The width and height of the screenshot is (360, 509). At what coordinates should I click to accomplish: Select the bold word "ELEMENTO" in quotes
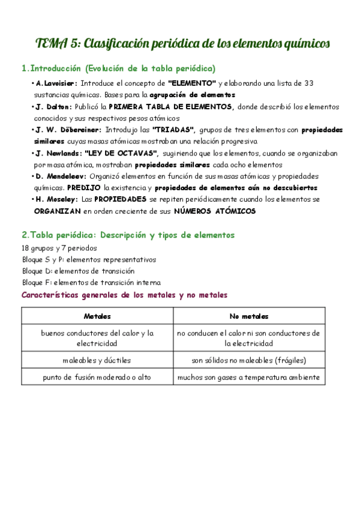(191, 83)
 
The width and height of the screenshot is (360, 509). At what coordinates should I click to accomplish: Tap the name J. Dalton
(53, 106)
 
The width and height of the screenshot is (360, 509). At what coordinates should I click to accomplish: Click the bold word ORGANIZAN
(57, 211)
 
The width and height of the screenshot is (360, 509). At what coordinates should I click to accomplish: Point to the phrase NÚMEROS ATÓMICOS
(215, 211)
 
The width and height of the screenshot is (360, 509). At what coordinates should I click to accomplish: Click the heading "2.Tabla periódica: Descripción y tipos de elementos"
(128, 235)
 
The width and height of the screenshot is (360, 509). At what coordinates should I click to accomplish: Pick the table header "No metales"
(249, 316)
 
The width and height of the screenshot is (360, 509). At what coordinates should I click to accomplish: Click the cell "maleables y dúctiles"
(97, 360)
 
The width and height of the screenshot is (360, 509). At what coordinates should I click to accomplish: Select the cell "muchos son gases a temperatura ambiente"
(249, 378)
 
